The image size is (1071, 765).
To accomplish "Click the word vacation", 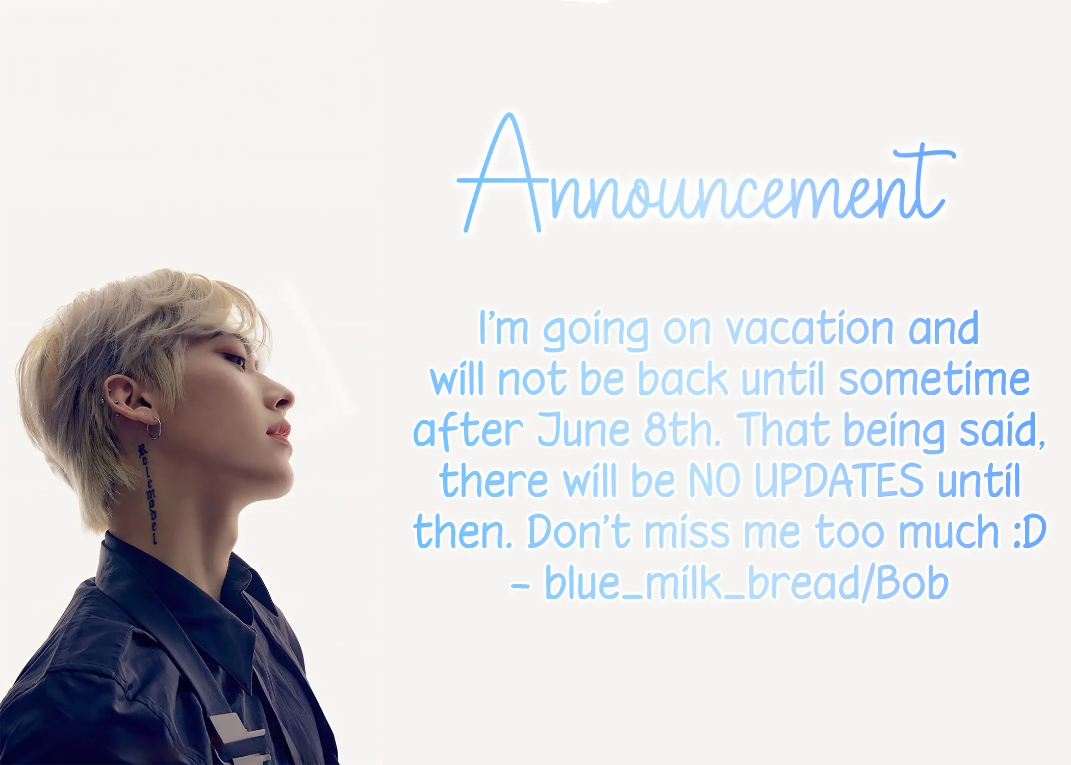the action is pos(810,328).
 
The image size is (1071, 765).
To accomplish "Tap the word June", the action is pos(583,430).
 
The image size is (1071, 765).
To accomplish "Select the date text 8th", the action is pos(683,429).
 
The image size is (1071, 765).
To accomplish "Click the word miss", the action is pos(687,531).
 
